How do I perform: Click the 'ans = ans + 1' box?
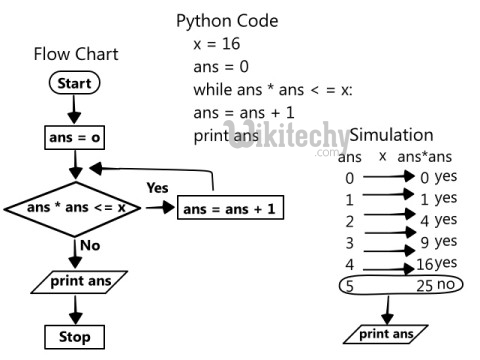point(231,209)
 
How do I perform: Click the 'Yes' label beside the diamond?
point(158,187)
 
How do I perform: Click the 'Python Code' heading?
point(227,20)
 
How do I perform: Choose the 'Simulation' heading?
point(391,135)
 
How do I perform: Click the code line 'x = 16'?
point(216,44)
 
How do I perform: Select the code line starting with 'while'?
point(273,90)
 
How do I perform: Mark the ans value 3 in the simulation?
point(350,242)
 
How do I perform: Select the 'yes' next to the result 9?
point(446,241)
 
